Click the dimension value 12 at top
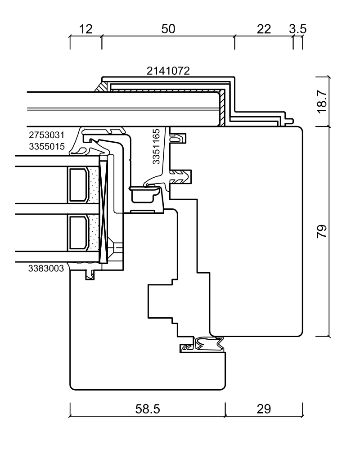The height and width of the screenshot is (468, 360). [85, 29]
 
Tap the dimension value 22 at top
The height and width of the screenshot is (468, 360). [264, 29]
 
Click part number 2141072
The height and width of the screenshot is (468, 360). [169, 71]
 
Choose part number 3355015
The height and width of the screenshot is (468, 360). [47, 147]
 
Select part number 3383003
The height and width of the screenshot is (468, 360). [47, 269]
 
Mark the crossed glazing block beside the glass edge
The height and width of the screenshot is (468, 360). [103, 211]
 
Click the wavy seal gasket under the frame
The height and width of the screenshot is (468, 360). [209, 345]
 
